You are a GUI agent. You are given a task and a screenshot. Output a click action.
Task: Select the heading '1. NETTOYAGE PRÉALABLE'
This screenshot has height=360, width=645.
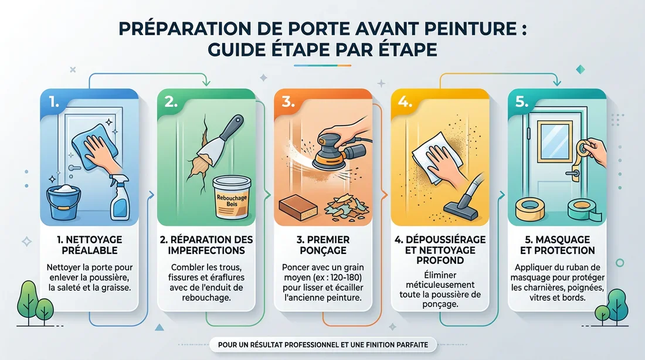point(89,245)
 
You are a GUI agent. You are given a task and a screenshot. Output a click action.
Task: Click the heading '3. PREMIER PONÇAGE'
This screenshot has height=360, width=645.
point(323,245)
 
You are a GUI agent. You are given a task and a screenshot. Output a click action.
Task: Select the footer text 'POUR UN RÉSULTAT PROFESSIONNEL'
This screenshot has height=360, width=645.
point(276,344)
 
